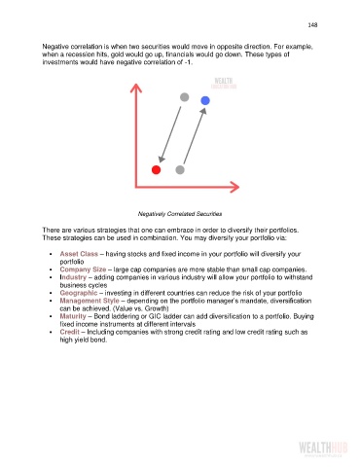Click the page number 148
(x=312, y=25)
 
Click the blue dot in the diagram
(x=205, y=100)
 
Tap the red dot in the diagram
(x=156, y=169)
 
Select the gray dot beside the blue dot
(x=184, y=97)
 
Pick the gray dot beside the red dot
(x=180, y=169)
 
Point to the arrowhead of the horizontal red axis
(x=234, y=187)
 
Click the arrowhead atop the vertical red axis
(x=136, y=88)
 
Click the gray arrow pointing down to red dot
(x=170, y=134)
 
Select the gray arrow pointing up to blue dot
(x=195, y=135)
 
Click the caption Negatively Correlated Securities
(x=180, y=214)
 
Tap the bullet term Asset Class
(x=79, y=254)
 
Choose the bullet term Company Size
(x=83, y=269)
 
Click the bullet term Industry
(x=73, y=277)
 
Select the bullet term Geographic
(x=79, y=293)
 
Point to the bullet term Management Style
(x=90, y=301)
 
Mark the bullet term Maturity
(x=73, y=316)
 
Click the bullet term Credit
(x=70, y=332)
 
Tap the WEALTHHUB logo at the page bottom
(x=323, y=449)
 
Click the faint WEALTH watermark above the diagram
(x=224, y=83)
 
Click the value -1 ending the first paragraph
(x=188, y=62)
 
